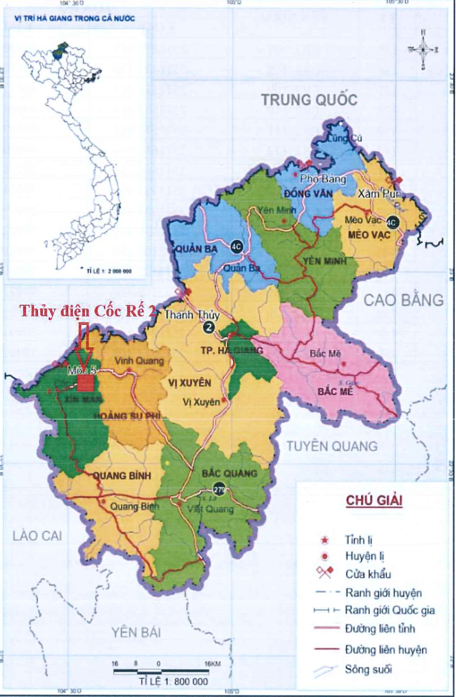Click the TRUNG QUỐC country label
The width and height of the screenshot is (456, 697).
pos(309,99)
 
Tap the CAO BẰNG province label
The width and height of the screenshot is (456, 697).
pos(403,300)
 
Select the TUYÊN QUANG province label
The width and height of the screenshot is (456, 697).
pos(332,446)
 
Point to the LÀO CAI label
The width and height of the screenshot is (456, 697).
pos(37,535)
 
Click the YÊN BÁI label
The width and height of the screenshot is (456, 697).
pos(136,632)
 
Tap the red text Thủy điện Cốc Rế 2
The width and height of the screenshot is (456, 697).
pos(88,311)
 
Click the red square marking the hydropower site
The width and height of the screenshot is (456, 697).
pos(85,383)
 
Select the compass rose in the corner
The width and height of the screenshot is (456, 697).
pos(422,50)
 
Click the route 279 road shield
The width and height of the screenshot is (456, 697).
pos(219,489)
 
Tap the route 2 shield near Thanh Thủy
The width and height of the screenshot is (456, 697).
pos(208,327)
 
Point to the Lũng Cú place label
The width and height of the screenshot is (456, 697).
pos(344,138)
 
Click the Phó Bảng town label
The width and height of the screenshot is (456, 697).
pos(323,179)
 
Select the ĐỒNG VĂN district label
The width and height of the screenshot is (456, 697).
pos(308,193)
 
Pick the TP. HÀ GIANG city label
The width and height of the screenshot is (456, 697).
pos(231,350)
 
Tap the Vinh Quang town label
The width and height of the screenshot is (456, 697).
pos(139,361)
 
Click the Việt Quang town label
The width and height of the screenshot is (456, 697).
pos(210,509)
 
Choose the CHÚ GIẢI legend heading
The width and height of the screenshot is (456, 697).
pos(374,500)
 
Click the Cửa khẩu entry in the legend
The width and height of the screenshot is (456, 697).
pos(368,574)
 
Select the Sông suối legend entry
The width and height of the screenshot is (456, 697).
pos(368,669)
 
